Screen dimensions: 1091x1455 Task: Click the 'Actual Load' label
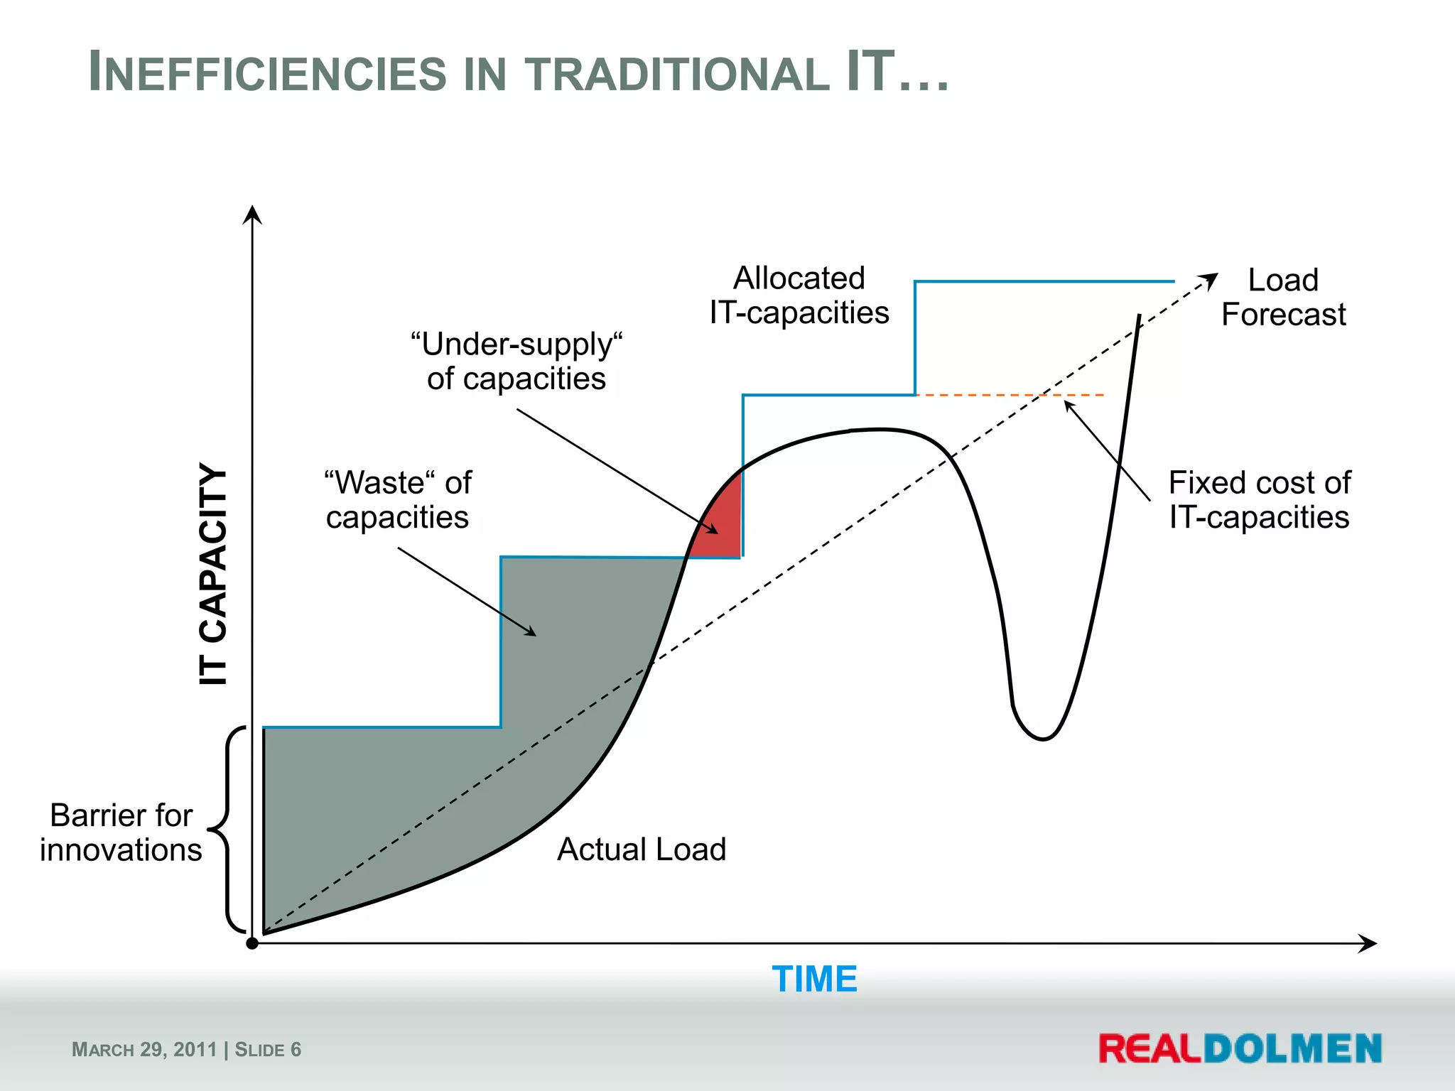point(642,850)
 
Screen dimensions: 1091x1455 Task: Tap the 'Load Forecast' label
point(1283,298)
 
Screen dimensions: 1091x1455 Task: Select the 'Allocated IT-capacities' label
point(799,295)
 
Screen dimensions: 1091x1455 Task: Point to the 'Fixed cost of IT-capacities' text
point(1259,500)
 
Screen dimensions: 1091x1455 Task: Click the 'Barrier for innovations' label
point(121,832)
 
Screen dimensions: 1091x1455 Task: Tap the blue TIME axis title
point(814,979)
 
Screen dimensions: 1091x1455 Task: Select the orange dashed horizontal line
point(1009,395)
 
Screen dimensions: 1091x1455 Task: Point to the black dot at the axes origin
point(252,943)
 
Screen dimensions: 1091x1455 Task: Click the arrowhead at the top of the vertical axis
point(252,213)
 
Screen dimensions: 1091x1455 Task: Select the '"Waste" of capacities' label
point(398,500)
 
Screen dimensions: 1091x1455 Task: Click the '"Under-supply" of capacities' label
point(516,362)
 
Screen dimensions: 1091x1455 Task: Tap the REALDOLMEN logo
point(1240,1049)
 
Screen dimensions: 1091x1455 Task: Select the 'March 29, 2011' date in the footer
point(144,1050)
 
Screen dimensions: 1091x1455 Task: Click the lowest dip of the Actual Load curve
point(1043,739)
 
